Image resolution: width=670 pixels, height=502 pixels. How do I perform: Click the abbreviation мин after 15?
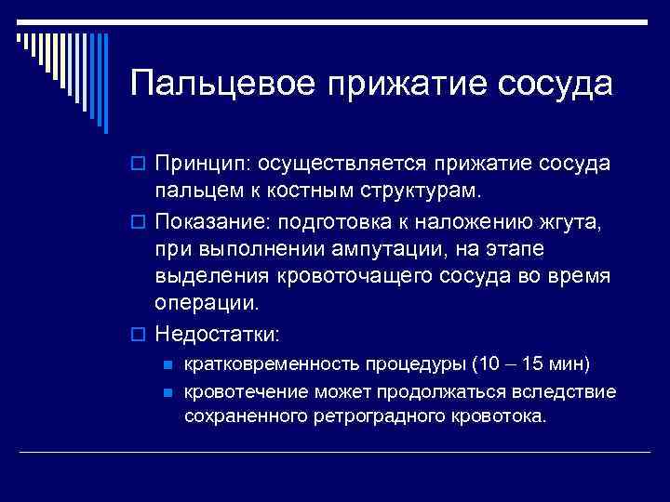[x=569, y=363]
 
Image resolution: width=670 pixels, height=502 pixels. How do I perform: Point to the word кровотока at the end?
[x=501, y=416]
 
